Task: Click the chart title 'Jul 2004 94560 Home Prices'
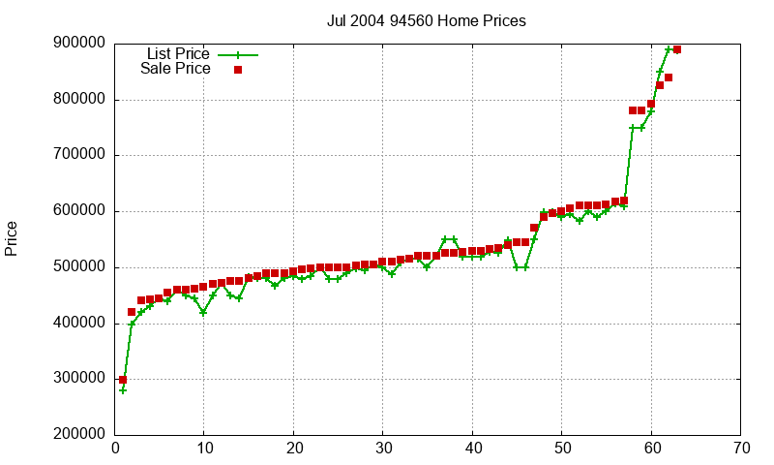click(x=427, y=20)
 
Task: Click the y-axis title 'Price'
click(x=12, y=238)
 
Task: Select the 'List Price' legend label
click(x=177, y=54)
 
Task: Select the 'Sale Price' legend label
click(x=175, y=69)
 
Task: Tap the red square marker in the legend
click(x=238, y=70)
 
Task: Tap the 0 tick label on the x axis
click(x=115, y=449)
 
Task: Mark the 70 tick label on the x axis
click(x=740, y=449)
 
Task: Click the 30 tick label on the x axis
click(x=383, y=449)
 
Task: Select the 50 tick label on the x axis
click(x=562, y=449)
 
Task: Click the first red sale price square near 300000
click(x=123, y=379)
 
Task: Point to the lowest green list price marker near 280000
click(x=123, y=390)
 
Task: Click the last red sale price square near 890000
click(x=677, y=49)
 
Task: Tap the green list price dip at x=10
click(x=203, y=312)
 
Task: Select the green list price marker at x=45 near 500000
click(x=517, y=267)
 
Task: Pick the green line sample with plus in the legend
click(x=238, y=55)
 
